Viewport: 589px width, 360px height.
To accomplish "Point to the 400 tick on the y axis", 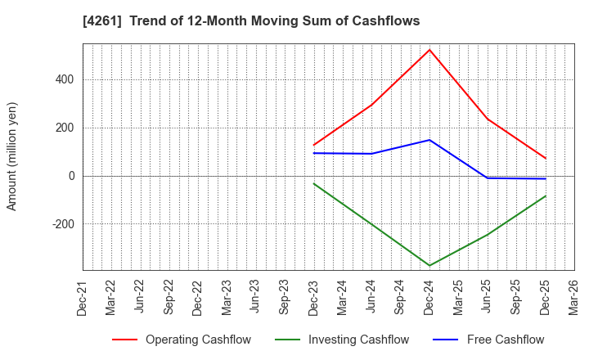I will pyautogui.click(x=65, y=79).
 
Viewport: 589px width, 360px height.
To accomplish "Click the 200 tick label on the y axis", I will pyautogui.click(x=65, y=128).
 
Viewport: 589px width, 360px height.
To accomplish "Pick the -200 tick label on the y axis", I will pyautogui.click(x=62, y=224).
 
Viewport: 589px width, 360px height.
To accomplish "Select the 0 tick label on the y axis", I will pyautogui.click(x=71, y=176).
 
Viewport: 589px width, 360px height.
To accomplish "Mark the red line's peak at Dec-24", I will pyautogui.click(x=429, y=50).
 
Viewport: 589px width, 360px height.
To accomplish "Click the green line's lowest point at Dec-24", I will pyautogui.click(x=429, y=266).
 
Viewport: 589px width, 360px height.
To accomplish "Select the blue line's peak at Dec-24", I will pyautogui.click(x=429, y=140).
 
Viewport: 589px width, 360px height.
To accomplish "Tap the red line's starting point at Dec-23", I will pyautogui.click(x=314, y=145).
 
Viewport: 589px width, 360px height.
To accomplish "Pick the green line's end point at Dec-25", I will pyautogui.click(x=546, y=196).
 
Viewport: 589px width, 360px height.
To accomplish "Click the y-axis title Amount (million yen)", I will pyautogui.click(x=12, y=156).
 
